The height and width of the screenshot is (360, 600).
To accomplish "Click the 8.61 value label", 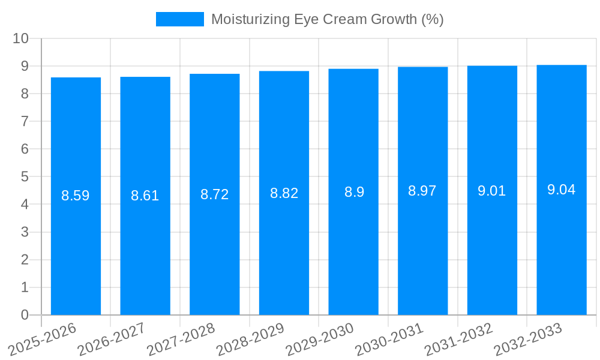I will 145,196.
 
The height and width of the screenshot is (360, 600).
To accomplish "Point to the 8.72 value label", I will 214,194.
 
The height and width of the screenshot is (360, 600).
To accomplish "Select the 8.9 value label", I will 353,192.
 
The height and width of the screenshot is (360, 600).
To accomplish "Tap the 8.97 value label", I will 422,191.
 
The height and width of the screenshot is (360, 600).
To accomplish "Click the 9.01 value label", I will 492,191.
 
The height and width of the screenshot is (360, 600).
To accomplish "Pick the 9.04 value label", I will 561,190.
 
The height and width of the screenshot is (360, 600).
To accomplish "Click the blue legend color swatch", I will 179,19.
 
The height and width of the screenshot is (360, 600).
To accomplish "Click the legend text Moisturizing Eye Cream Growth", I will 327,19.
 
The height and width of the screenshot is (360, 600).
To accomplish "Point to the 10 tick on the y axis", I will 21,38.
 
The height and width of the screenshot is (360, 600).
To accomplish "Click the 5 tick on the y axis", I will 25,177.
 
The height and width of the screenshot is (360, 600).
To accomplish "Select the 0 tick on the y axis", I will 25,315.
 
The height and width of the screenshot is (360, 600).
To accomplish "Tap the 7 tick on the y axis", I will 25,121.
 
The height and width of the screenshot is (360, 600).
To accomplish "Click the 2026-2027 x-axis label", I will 111,340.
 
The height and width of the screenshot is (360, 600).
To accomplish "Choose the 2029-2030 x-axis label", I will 320,340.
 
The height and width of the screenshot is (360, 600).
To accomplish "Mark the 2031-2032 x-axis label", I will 458,340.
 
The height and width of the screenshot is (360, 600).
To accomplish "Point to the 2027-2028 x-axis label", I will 181,340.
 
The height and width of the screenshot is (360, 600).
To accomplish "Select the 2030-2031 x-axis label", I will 389,340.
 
